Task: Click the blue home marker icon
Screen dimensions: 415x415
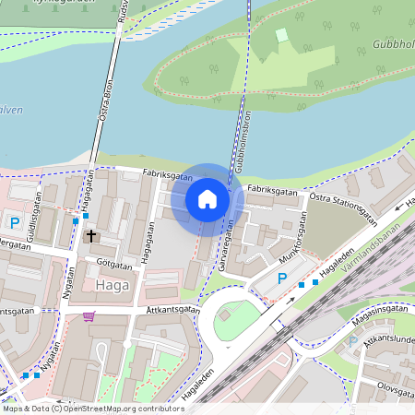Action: tap(207, 199)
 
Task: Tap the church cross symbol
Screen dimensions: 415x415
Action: tap(91, 236)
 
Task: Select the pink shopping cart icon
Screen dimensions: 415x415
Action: tap(89, 316)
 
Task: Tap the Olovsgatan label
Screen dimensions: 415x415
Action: tap(388, 376)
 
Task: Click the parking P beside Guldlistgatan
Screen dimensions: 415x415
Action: tap(14, 222)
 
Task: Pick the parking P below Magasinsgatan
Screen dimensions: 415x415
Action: tap(351, 341)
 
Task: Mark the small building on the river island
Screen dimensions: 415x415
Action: tap(281, 35)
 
